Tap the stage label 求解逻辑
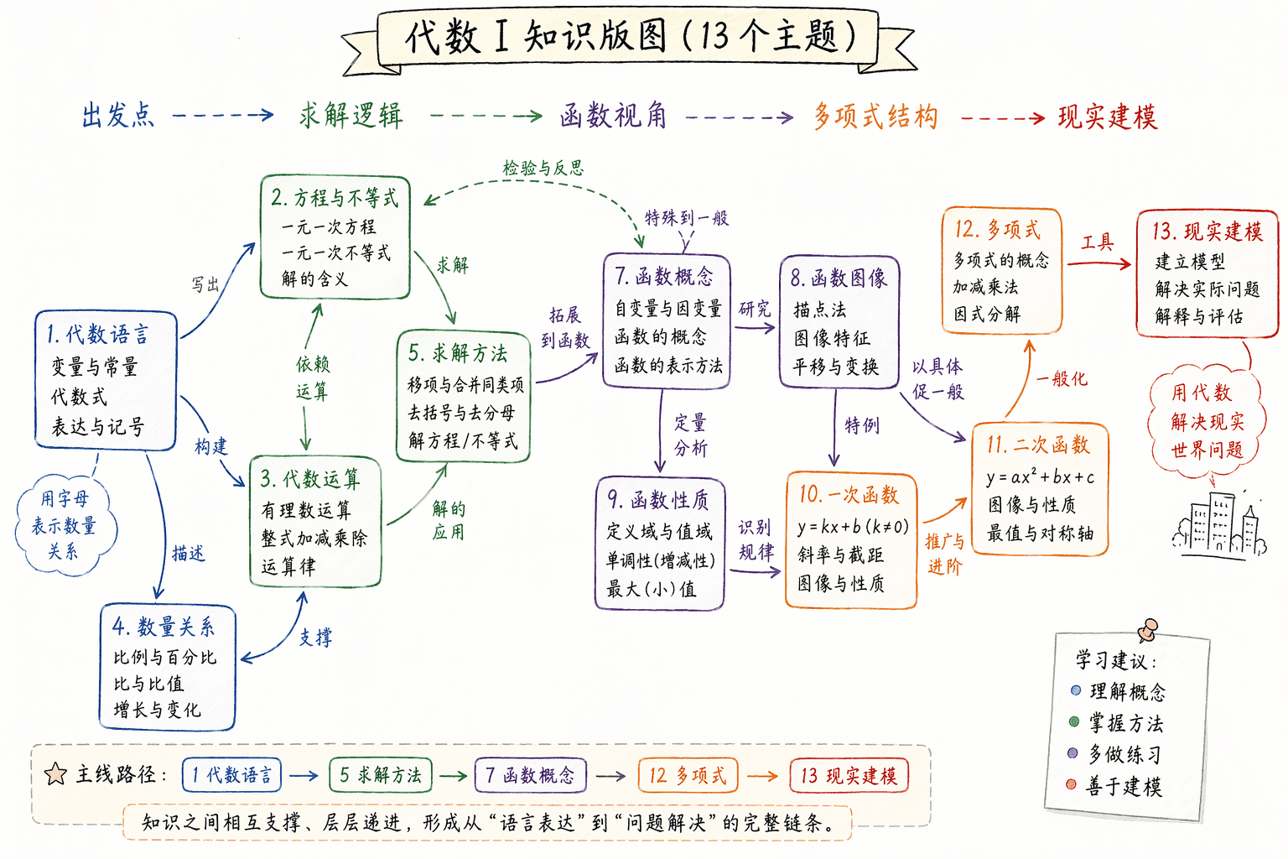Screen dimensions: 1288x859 351,116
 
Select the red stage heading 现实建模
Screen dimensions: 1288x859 1108,117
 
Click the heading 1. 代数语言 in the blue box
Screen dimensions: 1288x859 98,334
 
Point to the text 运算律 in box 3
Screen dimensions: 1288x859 288,567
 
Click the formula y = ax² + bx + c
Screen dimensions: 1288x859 1040,476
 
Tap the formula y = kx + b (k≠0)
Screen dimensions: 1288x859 853,526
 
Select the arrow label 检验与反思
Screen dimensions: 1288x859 543,168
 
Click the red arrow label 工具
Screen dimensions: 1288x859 1098,242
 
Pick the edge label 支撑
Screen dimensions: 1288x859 315,637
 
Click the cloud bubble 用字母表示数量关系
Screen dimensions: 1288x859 65,524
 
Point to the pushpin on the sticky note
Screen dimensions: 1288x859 1148,630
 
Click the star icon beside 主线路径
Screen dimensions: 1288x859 55,774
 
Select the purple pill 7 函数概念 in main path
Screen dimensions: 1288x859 530,775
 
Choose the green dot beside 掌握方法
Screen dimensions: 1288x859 1073,721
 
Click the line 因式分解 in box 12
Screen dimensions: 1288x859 987,314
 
